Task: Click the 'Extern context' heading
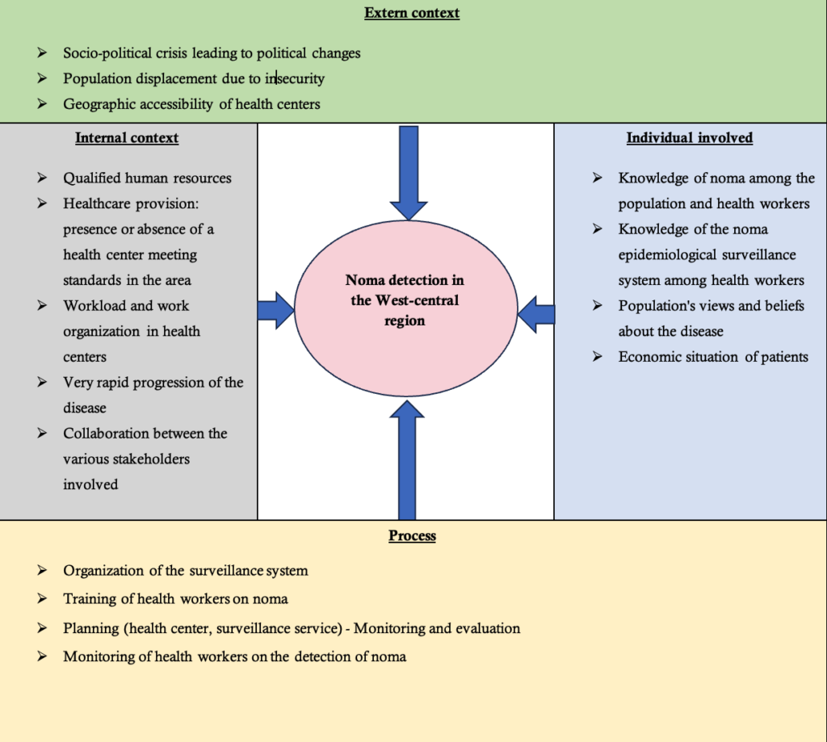(412, 13)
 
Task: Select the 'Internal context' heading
(127, 138)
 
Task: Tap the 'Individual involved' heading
(690, 138)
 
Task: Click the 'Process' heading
(412, 535)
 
